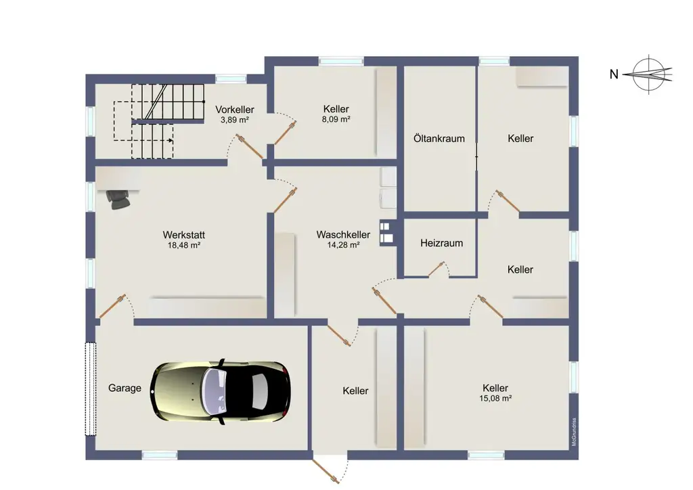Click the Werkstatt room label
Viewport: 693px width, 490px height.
click(184, 235)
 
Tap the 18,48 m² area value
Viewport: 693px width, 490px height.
click(184, 245)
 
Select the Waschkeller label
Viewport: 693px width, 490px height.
click(343, 234)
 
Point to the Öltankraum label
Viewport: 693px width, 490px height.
click(439, 138)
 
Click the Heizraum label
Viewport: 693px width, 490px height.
click(441, 243)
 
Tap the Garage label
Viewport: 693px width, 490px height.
click(125, 388)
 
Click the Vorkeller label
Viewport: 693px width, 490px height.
click(235, 109)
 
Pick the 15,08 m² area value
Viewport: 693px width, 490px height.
click(495, 398)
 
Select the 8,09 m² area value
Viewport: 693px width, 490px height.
click(336, 119)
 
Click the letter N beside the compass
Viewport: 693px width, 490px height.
click(614, 74)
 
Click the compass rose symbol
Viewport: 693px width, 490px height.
click(650, 74)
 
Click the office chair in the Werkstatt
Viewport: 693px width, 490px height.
click(118, 199)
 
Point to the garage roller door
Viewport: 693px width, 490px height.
click(91, 388)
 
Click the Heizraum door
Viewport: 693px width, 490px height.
click(436, 269)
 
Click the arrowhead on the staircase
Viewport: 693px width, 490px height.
click(170, 141)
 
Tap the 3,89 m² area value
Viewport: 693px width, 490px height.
click(235, 120)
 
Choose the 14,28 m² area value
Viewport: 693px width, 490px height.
click(343, 245)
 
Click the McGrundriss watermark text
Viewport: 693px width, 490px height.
click(574, 432)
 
